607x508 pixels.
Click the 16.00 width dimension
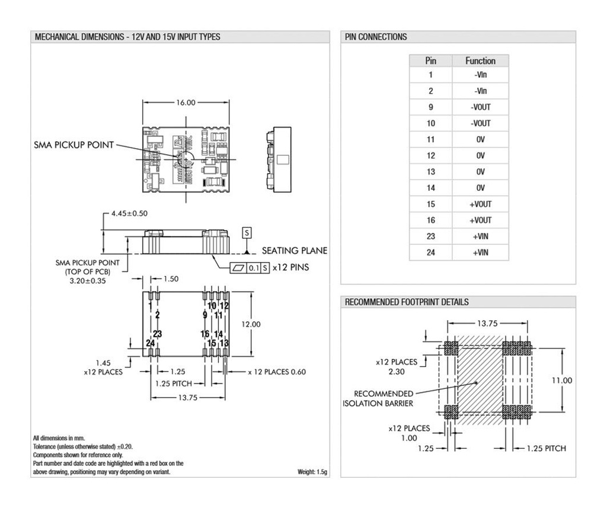click(185, 103)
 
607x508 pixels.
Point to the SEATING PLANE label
click(294, 251)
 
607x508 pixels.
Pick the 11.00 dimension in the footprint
click(562, 380)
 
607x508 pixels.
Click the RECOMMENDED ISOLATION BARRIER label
click(378, 398)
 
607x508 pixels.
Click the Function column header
click(480, 60)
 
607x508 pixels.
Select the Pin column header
click(431, 60)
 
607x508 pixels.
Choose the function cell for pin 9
click(480, 107)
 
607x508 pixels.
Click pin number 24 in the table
click(431, 253)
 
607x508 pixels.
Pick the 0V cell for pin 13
click(480, 172)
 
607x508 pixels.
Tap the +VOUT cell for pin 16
click(480, 220)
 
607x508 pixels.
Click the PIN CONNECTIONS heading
click(376, 37)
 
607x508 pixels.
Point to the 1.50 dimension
click(170, 279)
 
